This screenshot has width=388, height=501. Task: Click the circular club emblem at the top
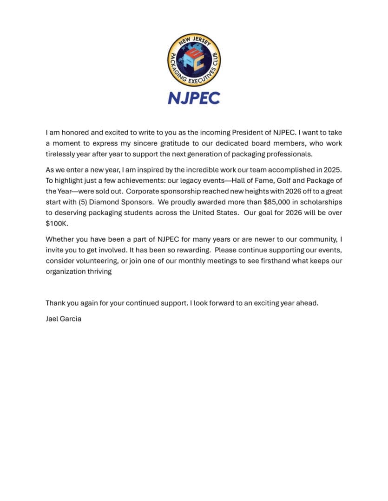[194, 59]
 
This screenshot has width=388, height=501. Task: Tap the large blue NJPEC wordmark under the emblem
[194, 98]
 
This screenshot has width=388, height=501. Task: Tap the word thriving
[97, 271]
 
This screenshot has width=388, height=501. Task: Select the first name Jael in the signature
[53, 319]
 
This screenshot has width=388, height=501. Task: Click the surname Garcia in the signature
[72, 319]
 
